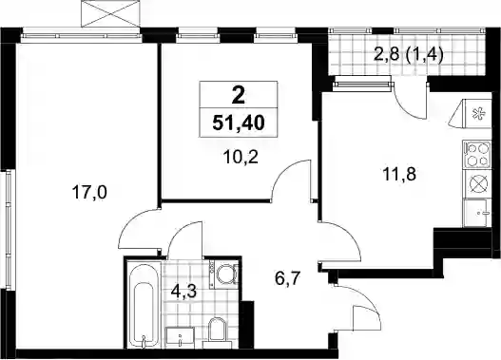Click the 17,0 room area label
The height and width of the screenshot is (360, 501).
[x=89, y=193]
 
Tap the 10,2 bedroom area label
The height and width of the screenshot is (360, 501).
[x=241, y=157]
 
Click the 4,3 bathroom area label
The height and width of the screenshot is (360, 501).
[x=183, y=292]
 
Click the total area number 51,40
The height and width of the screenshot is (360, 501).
[x=239, y=123]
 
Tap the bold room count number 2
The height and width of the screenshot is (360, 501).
[x=239, y=95]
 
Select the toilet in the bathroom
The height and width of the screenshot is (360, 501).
[x=216, y=331]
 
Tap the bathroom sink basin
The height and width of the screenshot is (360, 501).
[x=180, y=335]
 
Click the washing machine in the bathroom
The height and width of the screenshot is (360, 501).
[x=224, y=274]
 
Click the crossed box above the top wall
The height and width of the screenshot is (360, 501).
[x=110, y=13]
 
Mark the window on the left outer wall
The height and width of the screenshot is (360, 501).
[x=9, y=230]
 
